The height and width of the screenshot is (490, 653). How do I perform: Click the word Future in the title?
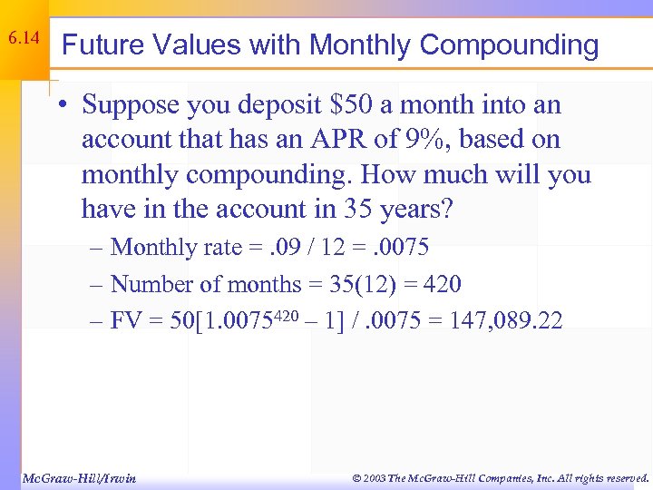[x=97, y=44]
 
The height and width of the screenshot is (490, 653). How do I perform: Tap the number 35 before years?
[x=356, y=209]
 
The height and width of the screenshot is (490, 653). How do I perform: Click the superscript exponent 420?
[x=282, y=315]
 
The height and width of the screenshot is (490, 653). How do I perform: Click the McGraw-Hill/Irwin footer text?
[x=79, y=477]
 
